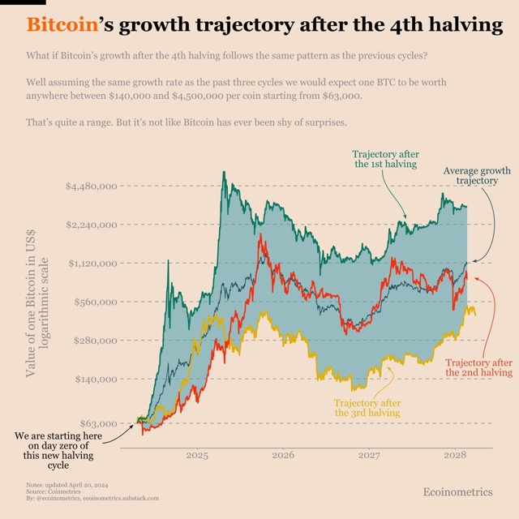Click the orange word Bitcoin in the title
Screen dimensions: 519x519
[60, 25]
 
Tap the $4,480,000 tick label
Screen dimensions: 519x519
[92, 186]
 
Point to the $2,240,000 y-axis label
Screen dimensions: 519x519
[92, 225]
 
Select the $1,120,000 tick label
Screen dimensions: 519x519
[92, 264]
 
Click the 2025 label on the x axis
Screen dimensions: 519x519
[198, 456]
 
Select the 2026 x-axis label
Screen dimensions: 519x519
[283, 456]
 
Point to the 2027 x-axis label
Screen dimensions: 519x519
[369, 456]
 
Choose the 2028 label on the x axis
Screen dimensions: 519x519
[455, 456]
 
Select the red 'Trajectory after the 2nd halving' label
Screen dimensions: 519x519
[479, 367]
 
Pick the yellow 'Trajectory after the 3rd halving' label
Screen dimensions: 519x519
[367, 408]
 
